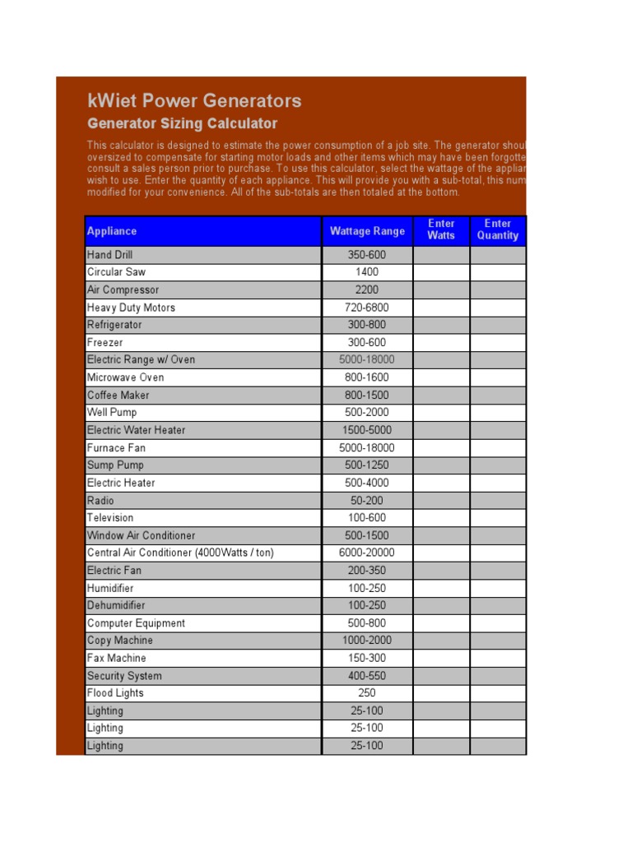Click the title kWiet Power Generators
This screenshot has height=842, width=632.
pos(194,101)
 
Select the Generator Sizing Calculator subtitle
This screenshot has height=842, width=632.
pos(182,124)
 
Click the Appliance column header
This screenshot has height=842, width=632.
pos(112,231)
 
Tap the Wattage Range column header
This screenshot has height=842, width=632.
pos(367,231)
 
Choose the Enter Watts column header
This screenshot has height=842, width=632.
pos(441,229)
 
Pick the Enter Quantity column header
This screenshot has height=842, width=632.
pos(498,229)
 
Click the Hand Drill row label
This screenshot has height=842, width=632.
pos(109,255)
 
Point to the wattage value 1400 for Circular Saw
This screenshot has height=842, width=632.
pos(367,272)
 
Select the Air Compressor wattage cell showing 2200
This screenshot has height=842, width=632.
pos(367,289)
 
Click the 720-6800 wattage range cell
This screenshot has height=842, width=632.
pos(367,308)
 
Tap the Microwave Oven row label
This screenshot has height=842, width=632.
pos(125,377)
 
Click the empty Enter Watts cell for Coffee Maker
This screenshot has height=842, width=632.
pos(441,395)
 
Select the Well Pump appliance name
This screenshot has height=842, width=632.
pos(112,412)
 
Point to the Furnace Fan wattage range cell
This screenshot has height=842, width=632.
pos(367,447)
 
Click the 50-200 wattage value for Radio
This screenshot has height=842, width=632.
pos(367,500)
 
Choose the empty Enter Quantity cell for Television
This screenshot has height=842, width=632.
pos(498,517)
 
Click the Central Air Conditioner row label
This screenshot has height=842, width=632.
pos(180,553)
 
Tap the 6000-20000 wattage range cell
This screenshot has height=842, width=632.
pos(367,553)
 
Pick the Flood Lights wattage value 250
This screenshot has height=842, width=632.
pos(367,692)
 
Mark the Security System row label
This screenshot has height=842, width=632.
pos(124,676)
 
